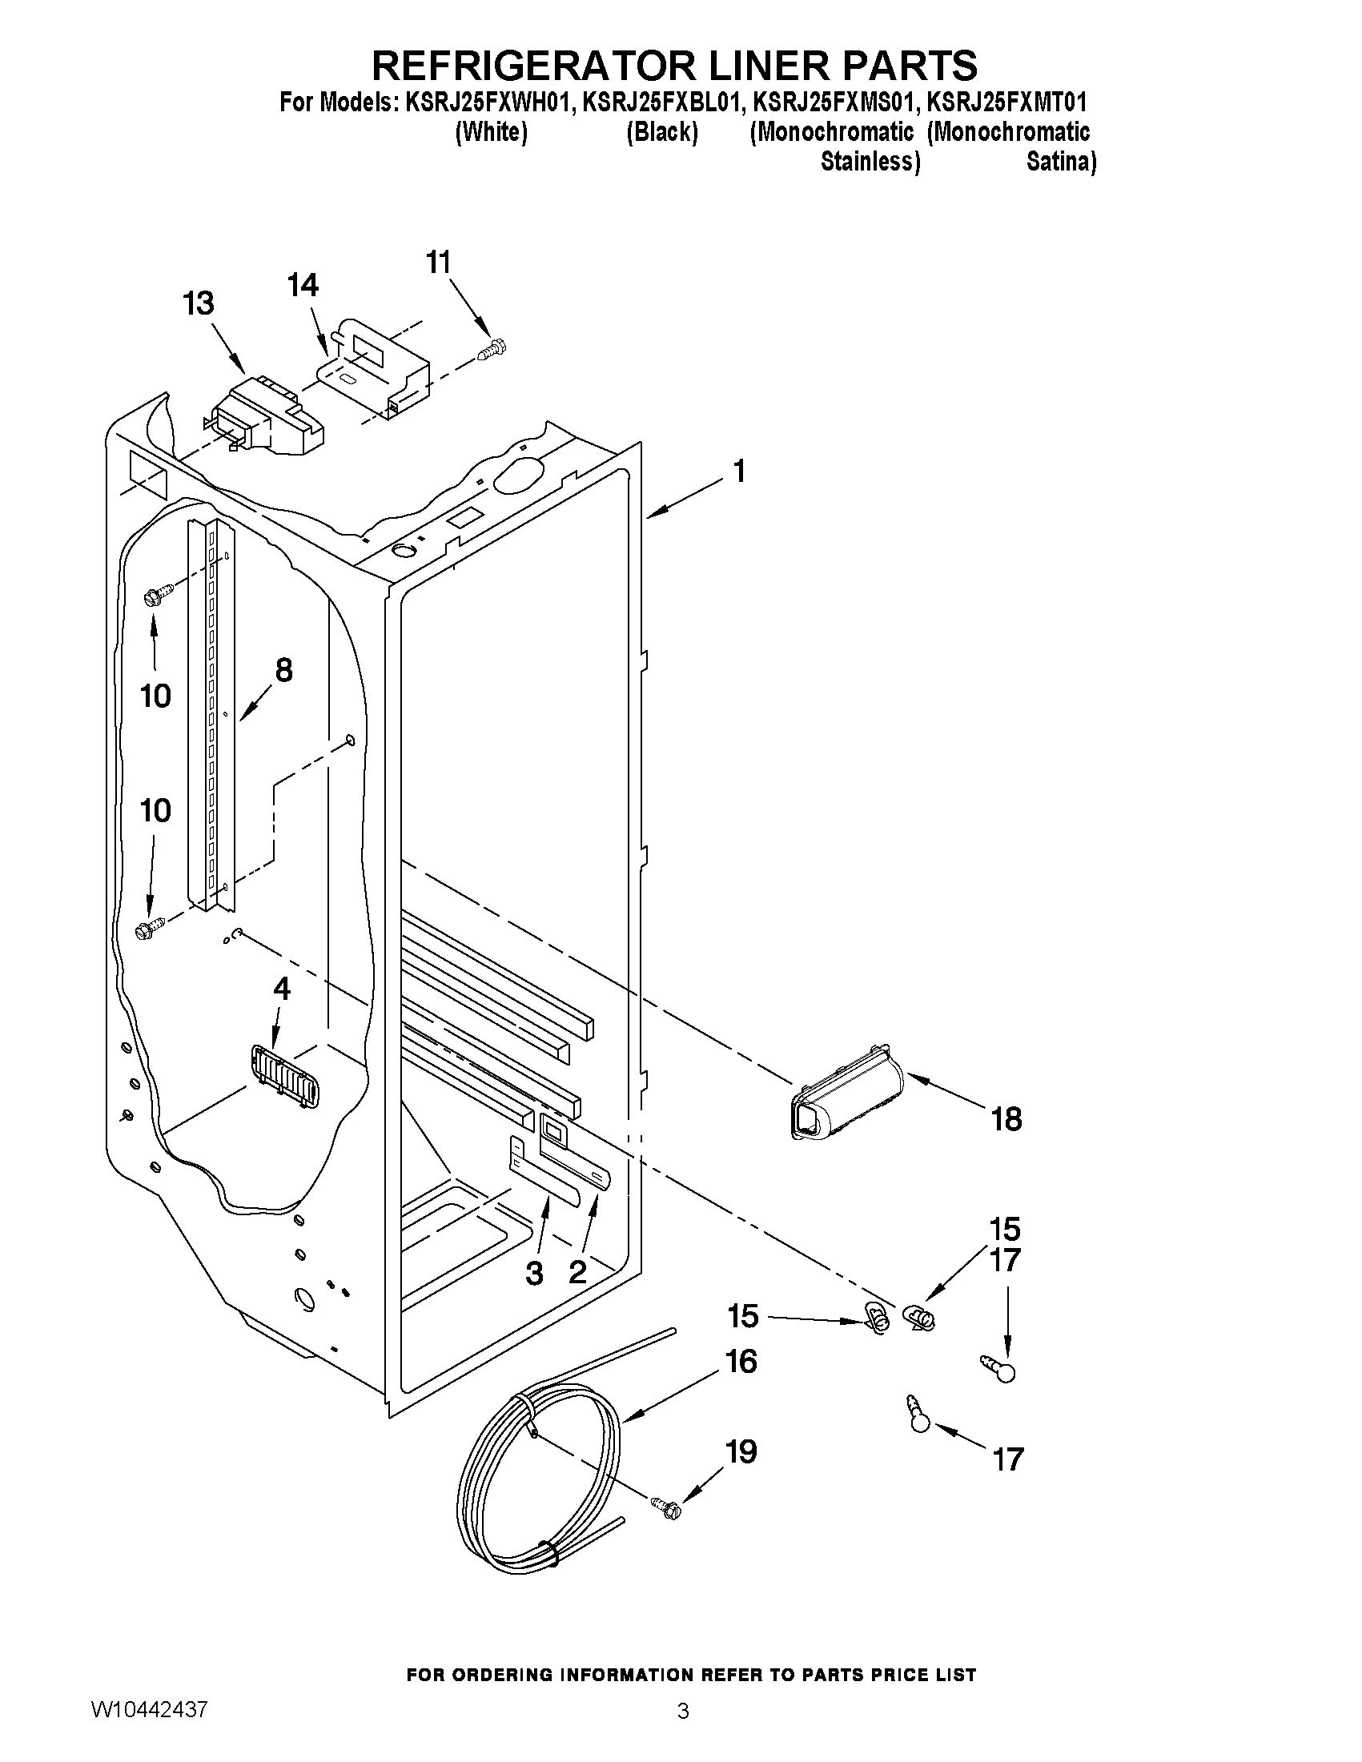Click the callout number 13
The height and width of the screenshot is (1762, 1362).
tap(198, 303)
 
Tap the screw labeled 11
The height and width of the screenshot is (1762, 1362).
tap(490, 350)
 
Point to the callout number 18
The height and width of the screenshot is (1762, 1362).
tap(1006, 1119)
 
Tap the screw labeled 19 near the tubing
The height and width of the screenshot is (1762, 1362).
tap(665, 1506)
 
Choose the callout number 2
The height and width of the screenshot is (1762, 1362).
tap(578, 1272)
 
